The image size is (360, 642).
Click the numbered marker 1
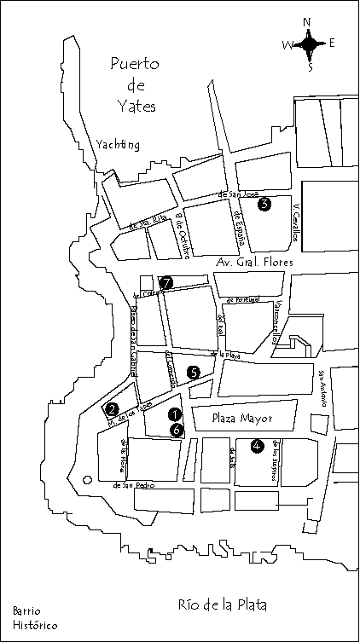(175, 414)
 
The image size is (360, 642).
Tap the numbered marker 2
(112, 409)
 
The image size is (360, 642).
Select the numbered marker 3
(264, 204)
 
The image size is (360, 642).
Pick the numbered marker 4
(257, 443)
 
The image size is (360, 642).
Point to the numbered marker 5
(194, 372)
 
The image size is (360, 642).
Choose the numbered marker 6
(176, 431)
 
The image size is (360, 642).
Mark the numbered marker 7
(166, 282)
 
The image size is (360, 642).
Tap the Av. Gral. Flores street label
(254, 263)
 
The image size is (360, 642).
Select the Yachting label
(118, 144)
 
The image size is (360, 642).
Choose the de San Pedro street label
(132, 486)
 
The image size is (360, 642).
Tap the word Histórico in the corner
(35, 626)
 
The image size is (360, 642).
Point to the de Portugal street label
(242, 300)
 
